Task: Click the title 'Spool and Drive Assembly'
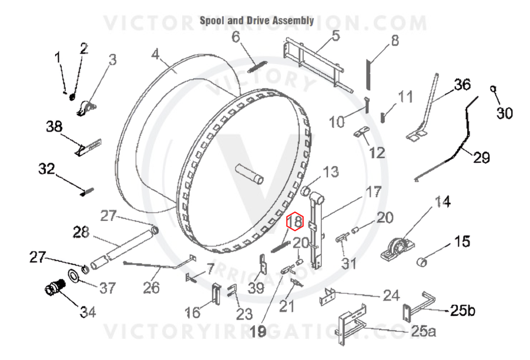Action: click(257, 21)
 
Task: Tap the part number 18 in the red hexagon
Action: click(295, 221)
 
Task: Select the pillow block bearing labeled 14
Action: click(396, 248)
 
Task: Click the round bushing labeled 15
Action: click(421, 262)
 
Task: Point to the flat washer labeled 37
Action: click(74, 275)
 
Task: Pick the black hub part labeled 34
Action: click(55, 288)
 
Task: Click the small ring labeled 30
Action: click(493, 89)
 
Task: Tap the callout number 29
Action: click(481, 157)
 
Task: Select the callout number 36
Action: click(462, 85)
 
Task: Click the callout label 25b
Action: click(462, 310)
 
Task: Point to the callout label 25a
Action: click(424, 331)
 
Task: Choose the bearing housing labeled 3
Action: click(86, 109)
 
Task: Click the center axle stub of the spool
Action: click(250, 174)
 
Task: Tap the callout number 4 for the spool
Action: click(155, 54)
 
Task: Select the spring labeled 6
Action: click(258, 66)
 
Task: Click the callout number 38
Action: click(55, 127)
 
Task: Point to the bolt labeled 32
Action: click(87, 191)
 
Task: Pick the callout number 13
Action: click(331, 172)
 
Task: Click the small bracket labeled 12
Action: click(362, 132)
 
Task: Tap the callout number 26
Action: click(151, 288)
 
